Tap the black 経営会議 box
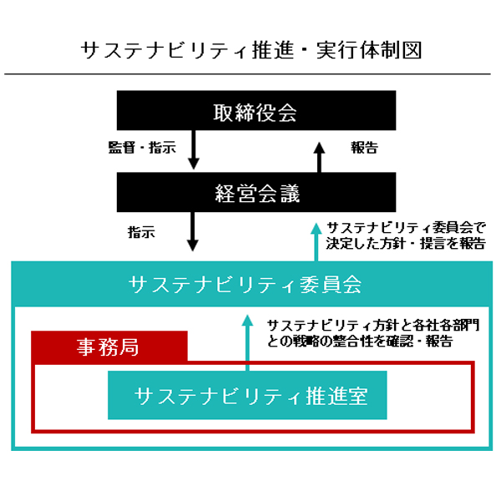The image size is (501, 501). pyautogui.click(x=250, y=194)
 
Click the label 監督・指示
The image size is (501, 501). pyautogui.click(x=142, y=148)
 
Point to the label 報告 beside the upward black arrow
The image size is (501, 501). pyautogui.click(x=364, y=148)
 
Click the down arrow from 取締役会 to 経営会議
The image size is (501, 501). pyautogui.click(x=193, y=150)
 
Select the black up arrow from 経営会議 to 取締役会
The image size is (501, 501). pyautogui.click(x=317, y=155)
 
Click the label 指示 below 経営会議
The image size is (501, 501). pyautogui.click(x=141, y=232)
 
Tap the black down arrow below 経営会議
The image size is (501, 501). pyautogui.click(x=193, y=231)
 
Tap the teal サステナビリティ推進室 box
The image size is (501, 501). pyautogui.click(x=248, y=395)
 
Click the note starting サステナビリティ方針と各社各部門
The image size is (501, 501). pyautogui.click(x=372, y=332)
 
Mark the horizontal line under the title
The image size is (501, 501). pyautogui.click(x=250, y=74)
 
